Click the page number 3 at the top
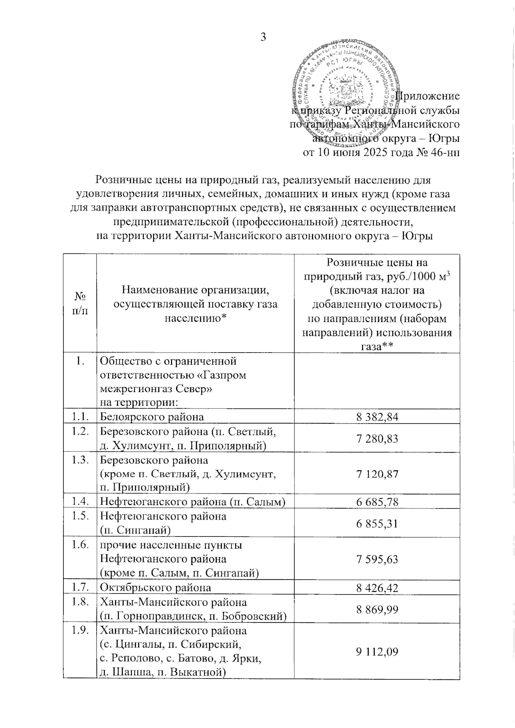263,37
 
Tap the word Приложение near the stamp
427,96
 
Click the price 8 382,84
377,416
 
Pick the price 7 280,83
377,439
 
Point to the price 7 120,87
377,474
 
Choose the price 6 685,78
377,502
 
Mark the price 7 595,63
377,559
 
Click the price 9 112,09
377,652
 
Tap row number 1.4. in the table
80,501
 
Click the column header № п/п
80,304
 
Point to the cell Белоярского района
152,416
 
